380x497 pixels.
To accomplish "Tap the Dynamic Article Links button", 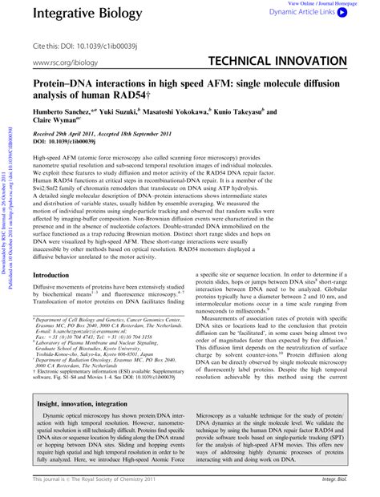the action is [324, 13].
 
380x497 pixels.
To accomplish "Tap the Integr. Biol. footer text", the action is [333, 483].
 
